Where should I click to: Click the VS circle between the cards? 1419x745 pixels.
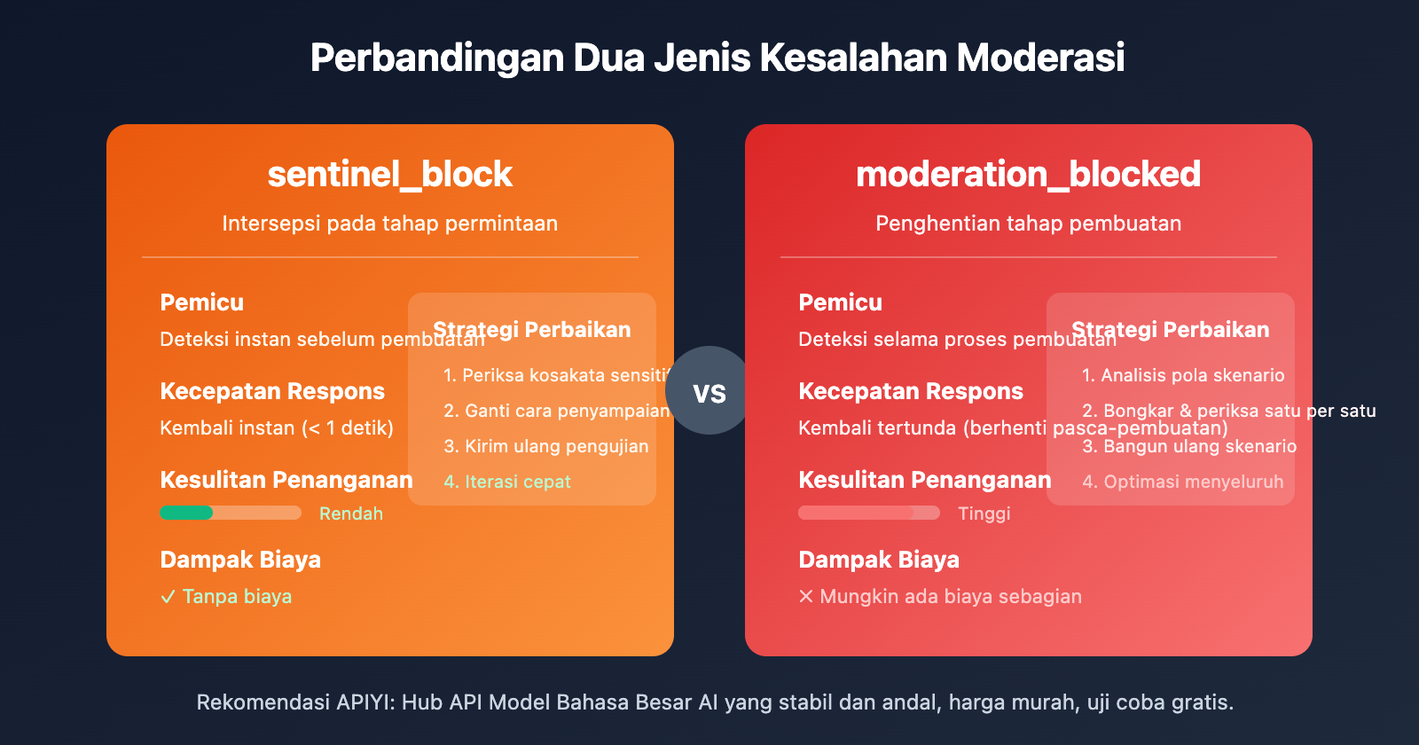pos(709,391)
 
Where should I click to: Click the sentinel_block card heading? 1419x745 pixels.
pos(390,175)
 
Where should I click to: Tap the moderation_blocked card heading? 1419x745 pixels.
pos(1028,175)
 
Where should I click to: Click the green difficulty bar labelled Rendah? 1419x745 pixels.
pos(187,513)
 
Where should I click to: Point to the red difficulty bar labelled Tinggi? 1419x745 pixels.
pos(857,513)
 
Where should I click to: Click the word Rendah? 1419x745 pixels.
pos(351,514)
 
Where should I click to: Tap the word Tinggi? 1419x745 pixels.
pos(984,514)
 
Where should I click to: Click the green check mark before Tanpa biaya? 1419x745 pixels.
pos(168,597)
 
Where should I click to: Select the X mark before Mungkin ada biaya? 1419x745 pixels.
pos(805,597)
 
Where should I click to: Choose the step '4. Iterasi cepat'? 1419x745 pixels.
pos(507,482)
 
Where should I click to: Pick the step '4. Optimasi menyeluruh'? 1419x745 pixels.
pos(1182,482)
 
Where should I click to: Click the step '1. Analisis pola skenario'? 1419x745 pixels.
pos(1183,375)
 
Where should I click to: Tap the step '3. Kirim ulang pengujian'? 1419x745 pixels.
pos(546,446)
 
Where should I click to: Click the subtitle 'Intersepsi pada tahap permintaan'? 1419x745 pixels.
pos(390,223)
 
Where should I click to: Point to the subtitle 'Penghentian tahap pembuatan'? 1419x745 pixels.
pos(1028,223)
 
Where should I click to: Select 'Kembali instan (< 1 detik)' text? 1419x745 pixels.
pos(277,428)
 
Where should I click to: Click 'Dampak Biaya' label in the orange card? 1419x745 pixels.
pos(240,560)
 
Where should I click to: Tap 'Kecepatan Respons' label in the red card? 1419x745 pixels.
pos(911,391)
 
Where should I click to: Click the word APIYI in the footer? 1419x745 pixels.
pos(365,702)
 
